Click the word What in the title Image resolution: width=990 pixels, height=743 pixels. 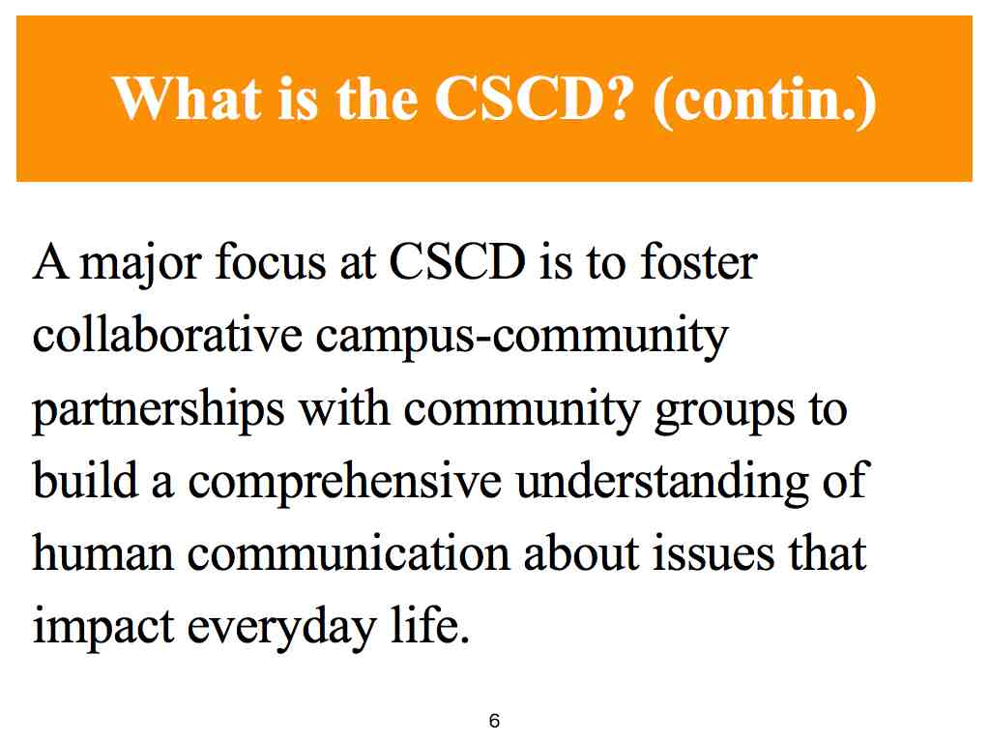click(188, 99)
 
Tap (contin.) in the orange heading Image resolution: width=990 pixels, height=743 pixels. click(765, 102)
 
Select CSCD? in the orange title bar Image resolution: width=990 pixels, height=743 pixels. click(534, 99)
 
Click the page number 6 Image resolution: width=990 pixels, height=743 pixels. click(494, 720)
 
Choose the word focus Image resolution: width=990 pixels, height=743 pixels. click(271, 261)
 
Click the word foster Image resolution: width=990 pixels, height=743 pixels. click(699, 261)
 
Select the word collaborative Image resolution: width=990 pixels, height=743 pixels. click(167, 334)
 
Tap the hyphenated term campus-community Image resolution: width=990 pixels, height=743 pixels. click(522, 337)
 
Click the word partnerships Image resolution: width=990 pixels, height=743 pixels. click(159, 410)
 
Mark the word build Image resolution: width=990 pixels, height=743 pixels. click(85, 479)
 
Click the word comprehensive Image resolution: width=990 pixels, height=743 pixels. click(345, 482)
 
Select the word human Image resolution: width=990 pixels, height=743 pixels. click(102, 554)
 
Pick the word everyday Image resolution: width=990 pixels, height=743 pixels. click(281, 628)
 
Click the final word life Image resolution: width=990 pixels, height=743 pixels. click(429, 624)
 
